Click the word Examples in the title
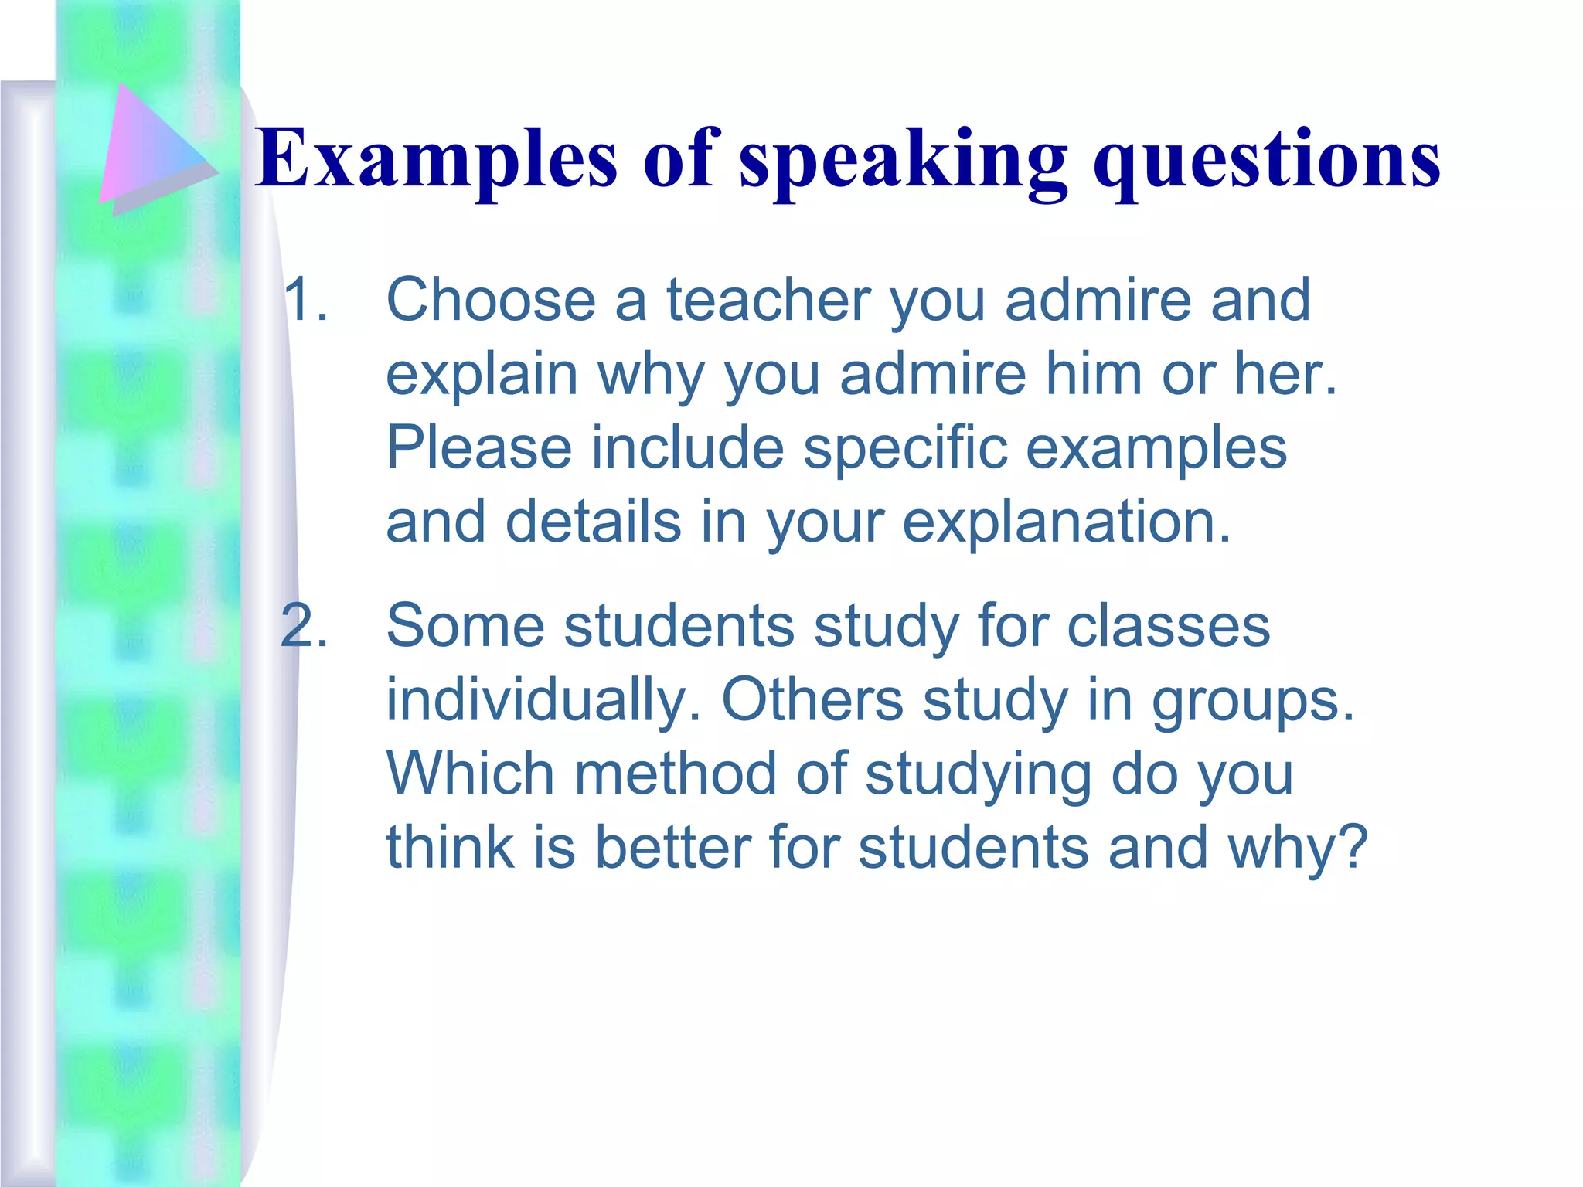click(437, 158)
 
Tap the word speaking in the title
click(904, 162)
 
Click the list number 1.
click(305, 299)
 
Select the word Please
click(478, 447)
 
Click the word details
click(594, 522)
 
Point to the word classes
click(1168, 625)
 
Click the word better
click(672, 848)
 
